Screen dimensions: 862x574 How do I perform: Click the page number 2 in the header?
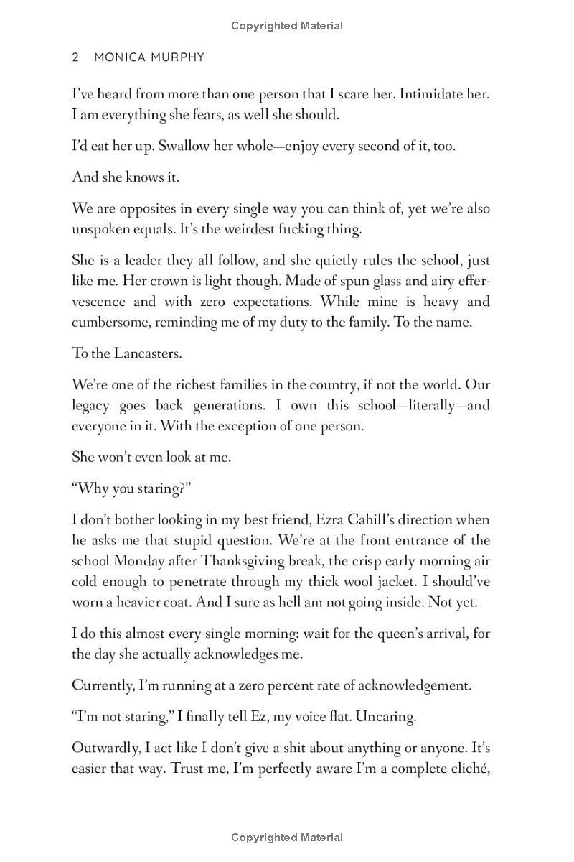point(75,57)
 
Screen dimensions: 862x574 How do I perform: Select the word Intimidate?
point(411,94)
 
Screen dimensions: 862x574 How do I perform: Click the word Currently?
point(102,685)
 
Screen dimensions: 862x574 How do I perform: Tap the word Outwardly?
point(103,748)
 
